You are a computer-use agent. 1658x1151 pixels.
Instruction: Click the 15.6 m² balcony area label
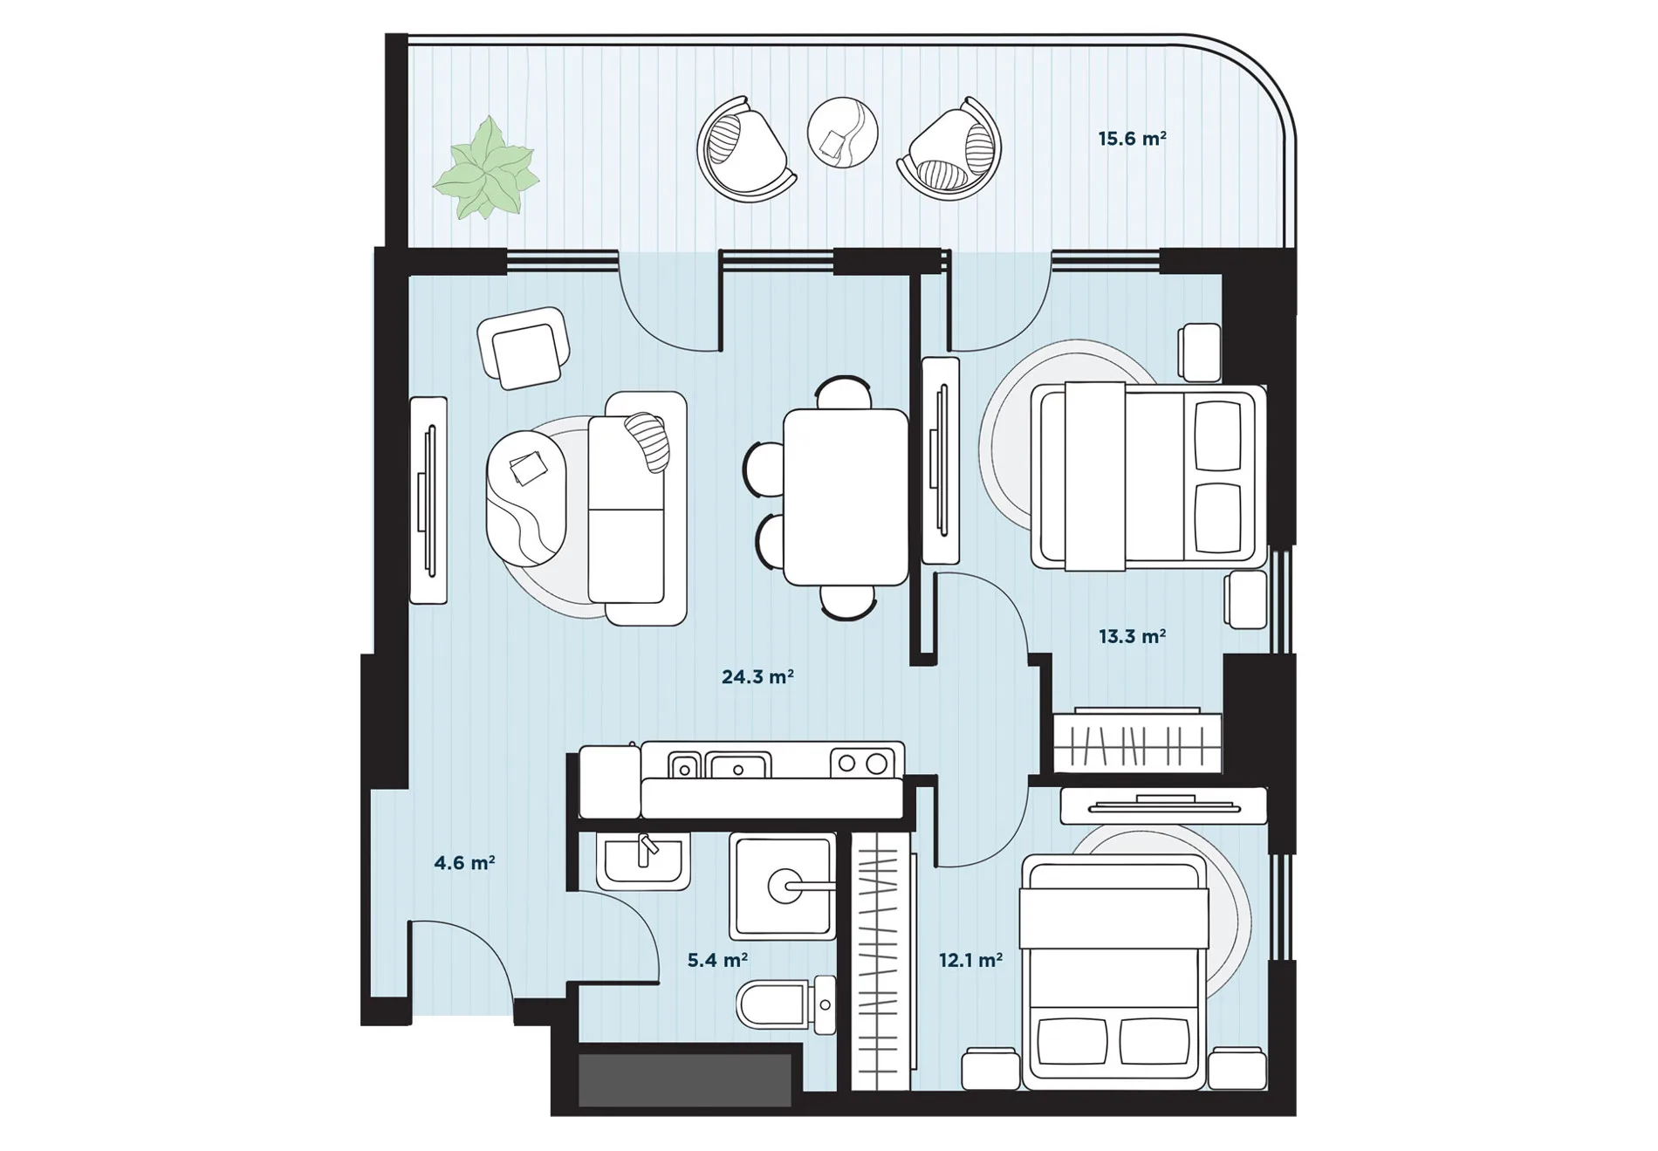(1132, 139)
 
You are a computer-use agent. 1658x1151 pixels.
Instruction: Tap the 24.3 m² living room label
(757, 676)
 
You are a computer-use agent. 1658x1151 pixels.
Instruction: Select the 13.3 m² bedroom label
(1132, 636)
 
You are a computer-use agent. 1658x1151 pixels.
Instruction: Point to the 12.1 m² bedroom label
(970, 960)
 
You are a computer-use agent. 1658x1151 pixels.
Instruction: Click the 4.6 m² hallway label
(464, 863)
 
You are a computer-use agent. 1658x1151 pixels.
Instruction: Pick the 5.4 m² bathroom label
(717, 960)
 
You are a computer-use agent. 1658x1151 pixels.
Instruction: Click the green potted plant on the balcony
(486, 168)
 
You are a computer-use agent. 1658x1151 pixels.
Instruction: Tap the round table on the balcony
(842, 133)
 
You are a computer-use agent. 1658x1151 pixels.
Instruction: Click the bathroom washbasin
(643, 860)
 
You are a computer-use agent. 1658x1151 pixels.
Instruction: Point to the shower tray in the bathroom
(782, 886)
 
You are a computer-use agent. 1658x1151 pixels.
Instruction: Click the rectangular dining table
(846, 497)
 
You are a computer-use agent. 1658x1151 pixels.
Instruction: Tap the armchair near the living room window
(524, 346)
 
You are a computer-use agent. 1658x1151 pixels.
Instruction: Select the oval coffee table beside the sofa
(526, 498)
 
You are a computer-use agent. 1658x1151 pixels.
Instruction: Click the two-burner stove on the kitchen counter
(862, 764)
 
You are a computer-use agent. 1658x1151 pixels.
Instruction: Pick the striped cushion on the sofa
(647, 441)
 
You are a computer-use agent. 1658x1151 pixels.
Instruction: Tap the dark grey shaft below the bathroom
(685, 1080)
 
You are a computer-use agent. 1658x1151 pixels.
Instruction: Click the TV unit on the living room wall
(428, 500)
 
